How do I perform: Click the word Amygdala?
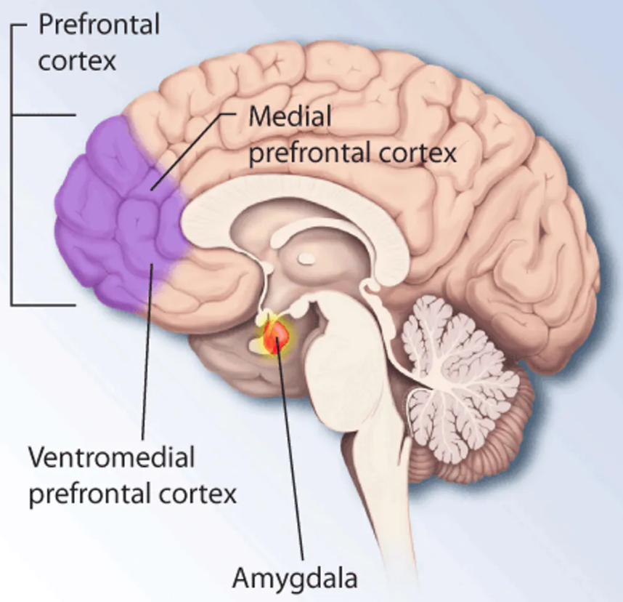pos(295,579)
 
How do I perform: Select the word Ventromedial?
pos(112,457)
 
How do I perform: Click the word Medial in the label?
pos(290,116)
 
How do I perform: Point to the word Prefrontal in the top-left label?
pos(99,25)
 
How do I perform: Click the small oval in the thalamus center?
pos(306,259)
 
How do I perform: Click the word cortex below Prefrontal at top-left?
pos(77,61)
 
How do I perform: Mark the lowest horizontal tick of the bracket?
pos(43,305)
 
